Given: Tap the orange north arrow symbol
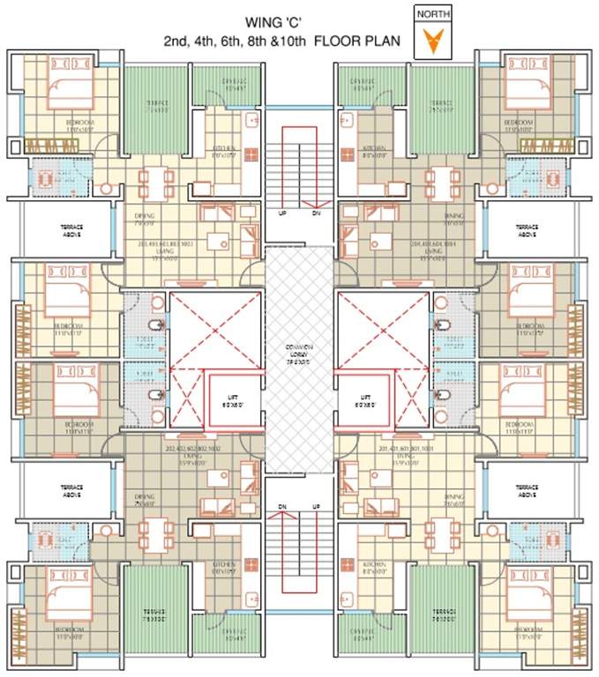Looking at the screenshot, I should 433,41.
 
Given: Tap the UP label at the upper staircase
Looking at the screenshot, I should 281,212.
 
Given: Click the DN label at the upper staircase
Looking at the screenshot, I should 316,212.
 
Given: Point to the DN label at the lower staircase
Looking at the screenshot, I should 282,507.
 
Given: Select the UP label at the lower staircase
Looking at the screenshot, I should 316,507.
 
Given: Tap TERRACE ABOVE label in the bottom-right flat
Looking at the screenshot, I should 526,490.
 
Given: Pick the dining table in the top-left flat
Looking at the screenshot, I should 155,183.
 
